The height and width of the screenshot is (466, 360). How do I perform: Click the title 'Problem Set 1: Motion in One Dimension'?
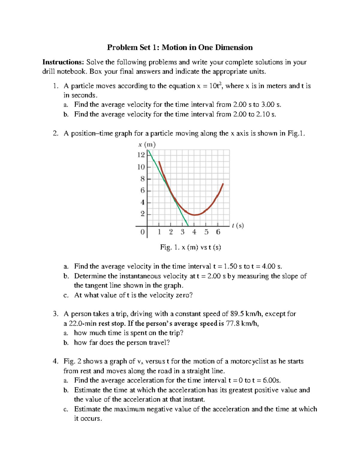tap(180, 47)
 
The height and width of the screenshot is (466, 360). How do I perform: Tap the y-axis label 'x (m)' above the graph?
tap(147, 145)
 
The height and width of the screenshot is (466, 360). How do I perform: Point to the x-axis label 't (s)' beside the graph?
tap(238, 225)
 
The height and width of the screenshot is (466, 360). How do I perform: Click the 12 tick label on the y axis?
tap(141, 155)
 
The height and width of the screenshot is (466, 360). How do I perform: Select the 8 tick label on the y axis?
tap(142, 179)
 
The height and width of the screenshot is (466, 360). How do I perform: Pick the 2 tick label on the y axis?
tap(142, 214)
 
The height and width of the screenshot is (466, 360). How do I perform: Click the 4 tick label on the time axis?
tap(194, 232)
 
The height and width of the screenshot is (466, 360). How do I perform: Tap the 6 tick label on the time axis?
tap(218, 232)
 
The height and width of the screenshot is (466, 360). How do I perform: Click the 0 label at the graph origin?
tap(142, 232)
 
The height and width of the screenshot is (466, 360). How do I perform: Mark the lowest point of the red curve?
tap(195, 215)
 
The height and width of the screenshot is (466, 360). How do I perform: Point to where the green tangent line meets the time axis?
tap(188, 226)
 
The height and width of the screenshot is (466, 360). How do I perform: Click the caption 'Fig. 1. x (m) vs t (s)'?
tap(190, 247)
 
